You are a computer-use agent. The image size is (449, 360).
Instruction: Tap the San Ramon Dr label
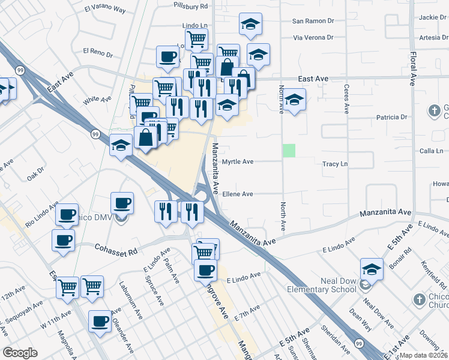tap(313, 21)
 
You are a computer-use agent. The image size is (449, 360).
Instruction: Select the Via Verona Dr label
tap(313, 37)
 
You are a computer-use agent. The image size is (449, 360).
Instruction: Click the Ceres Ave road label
tap(346, 98)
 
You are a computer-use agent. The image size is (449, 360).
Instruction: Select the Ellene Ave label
tap(238, 194)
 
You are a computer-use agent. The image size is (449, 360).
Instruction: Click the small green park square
tap(289, 151)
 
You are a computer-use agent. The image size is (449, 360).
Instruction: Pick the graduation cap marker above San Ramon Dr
tap(250, 24)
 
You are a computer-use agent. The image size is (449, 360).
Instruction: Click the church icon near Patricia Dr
tap(434, 111)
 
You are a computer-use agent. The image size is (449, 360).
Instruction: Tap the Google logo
tap(20, 353)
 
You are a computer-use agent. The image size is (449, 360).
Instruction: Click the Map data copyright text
tap(424, 355)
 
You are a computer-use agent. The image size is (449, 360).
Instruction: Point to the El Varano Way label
tap(105, 10)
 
